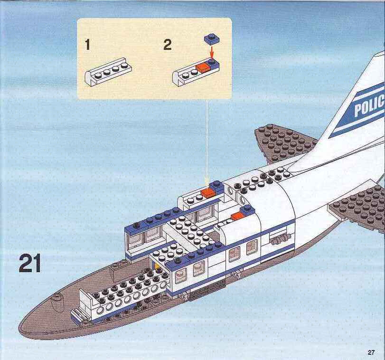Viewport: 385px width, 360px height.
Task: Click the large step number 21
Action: [x=30, y=263]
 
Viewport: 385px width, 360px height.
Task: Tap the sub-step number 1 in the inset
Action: [x=88, y=45]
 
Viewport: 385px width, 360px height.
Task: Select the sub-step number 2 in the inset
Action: [x=168, y=45]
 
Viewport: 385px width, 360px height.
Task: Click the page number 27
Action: [x=371, y=352]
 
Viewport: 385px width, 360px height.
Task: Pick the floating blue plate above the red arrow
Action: [x=212, y=39]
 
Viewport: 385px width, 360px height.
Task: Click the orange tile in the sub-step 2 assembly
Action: [x=203, y=69]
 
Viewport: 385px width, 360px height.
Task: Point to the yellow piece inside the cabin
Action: [x=156, y=267]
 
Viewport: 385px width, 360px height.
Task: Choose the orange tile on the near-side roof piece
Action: [x=238, y=216]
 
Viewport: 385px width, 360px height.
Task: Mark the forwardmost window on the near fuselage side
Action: [x=180, y=275]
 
